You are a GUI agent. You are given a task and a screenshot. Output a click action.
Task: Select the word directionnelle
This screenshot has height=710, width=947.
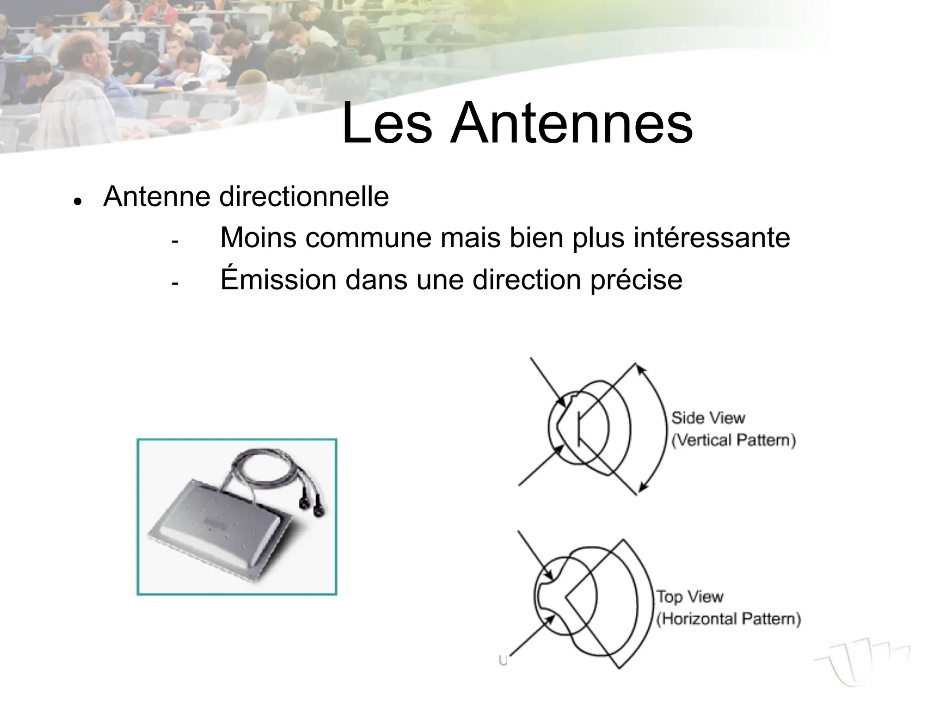[304, 197]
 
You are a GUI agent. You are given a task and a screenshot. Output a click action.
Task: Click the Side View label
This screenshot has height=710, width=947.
[708, 418]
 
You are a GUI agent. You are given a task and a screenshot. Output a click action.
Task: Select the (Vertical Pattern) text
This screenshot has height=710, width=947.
[733, 440]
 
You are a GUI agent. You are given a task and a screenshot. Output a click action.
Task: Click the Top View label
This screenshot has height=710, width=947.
[690, 597]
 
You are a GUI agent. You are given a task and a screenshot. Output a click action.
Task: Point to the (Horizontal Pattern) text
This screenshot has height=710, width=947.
[729, 619]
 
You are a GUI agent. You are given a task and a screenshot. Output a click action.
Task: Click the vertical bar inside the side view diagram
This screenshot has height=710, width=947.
[578, 428]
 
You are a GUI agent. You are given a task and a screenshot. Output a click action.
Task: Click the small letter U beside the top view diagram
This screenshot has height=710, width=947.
[504, 661]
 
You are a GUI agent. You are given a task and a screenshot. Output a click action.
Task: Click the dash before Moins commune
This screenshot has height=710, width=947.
[174, 241]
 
